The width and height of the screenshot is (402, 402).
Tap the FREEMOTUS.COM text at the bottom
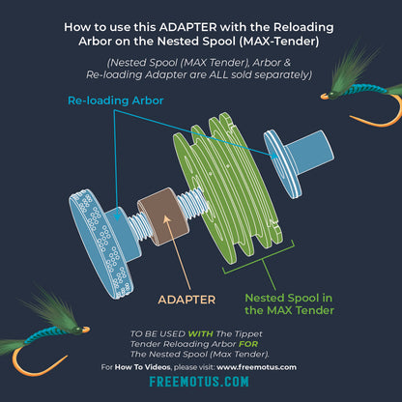[200, 383]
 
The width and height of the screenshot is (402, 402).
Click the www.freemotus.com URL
[256, 367]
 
